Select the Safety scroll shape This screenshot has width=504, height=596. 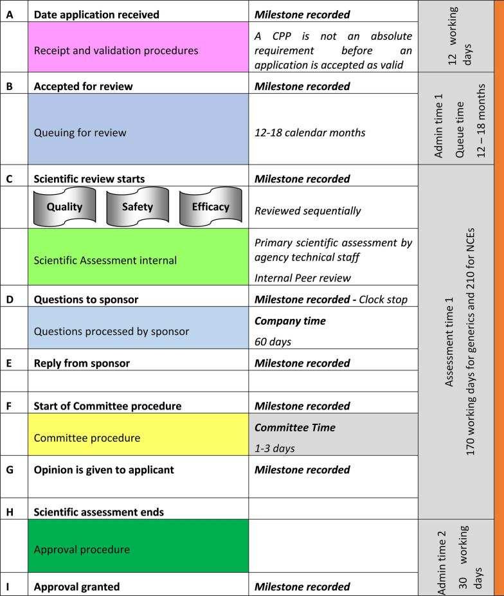(138, 207)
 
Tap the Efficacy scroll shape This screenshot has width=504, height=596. (210, 207)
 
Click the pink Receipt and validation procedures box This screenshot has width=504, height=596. (138, 50)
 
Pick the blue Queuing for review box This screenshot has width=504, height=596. (138, 133)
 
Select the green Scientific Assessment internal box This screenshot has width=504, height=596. (138, 260)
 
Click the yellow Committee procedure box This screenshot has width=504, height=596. (138, 438)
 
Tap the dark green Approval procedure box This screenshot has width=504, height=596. (138, 550)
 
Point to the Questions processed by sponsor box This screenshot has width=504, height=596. (138, 332)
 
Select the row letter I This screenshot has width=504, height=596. (9, 586)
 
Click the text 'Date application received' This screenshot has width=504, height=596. (96, 14)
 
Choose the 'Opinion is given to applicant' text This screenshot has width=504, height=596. (104, 469)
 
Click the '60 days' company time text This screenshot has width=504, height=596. (273, 341)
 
